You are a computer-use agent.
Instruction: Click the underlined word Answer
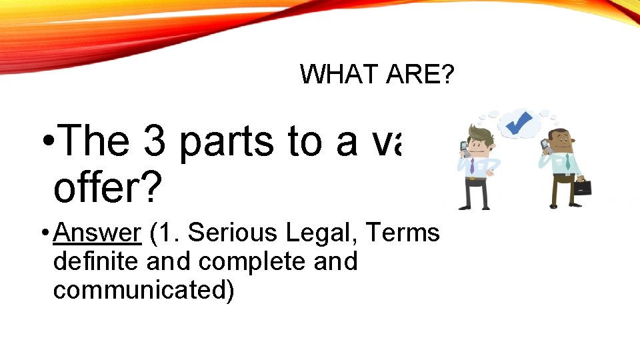98,233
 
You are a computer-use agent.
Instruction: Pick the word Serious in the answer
228,233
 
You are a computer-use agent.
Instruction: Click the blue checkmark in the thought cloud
518,123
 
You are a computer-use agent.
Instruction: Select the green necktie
567,162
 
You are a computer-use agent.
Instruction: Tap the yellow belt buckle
471,179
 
